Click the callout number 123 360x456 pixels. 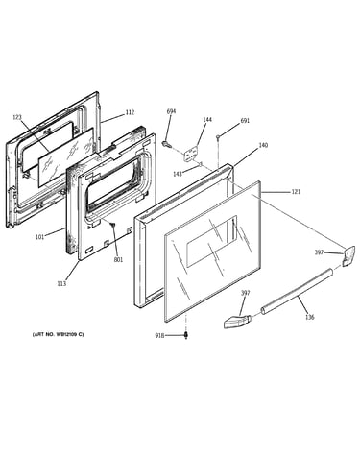[17, 117]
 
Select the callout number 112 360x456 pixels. [130, 112]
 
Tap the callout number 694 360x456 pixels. [171, 111]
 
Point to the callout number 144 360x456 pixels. [207, 120]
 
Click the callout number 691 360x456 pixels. [245, 121]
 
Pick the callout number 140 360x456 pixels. [263, 145]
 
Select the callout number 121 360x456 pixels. [296, 192]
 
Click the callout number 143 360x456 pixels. [178, 174]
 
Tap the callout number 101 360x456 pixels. [39, 237]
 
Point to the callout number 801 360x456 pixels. [118, 260]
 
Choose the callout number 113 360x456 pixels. [61, 283]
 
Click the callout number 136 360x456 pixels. [309, 317]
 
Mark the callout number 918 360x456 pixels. [159, 335]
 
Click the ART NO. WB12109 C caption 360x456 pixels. [58, 334]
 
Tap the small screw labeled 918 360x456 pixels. [186, 335]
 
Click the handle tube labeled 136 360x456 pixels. [296, 292]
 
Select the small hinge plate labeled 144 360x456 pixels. [190, 153]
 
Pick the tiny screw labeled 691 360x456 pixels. [218, 137]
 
